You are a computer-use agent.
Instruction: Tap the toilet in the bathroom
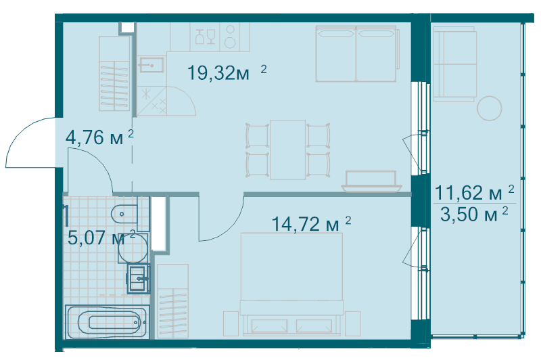coord(122,215)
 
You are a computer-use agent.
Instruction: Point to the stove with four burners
coord(231,37)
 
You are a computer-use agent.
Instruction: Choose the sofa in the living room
coord(356,53)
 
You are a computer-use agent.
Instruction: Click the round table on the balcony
coord(490,108)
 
